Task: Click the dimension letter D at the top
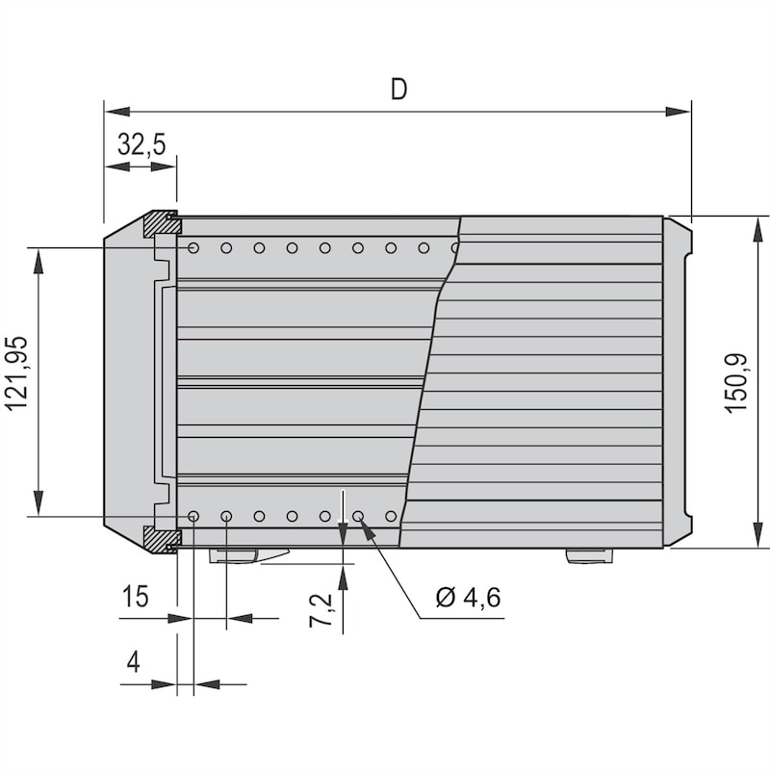tap(398, 90)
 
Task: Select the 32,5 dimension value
tap(141, 143)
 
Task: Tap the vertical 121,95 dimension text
tap(15, 373)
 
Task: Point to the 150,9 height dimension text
tap(736, 383)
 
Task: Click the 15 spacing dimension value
tap(135, 596)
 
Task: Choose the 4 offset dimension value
tap(133, 662)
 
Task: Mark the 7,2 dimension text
tap(321, 610)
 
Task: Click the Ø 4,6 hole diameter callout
tap(468, 597)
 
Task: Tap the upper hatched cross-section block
tap(162, 223)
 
